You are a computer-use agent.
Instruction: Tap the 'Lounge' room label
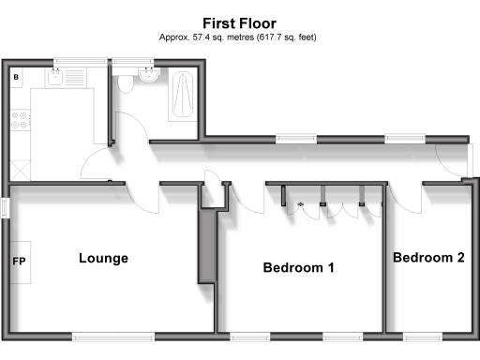pyautogui.click(x=103, y=258)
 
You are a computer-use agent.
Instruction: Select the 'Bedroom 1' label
pyautogui.click(x=298, y=268)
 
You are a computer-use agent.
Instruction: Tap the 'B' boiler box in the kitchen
pyautogui.click(x=16, y=77)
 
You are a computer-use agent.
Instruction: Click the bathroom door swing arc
pyautogui.click(x=131, y=131)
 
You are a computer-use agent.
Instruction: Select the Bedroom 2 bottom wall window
pyautogui.click(x=423, y=336)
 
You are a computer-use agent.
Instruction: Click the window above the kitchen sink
pyautogui.click(x=71, y=63)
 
